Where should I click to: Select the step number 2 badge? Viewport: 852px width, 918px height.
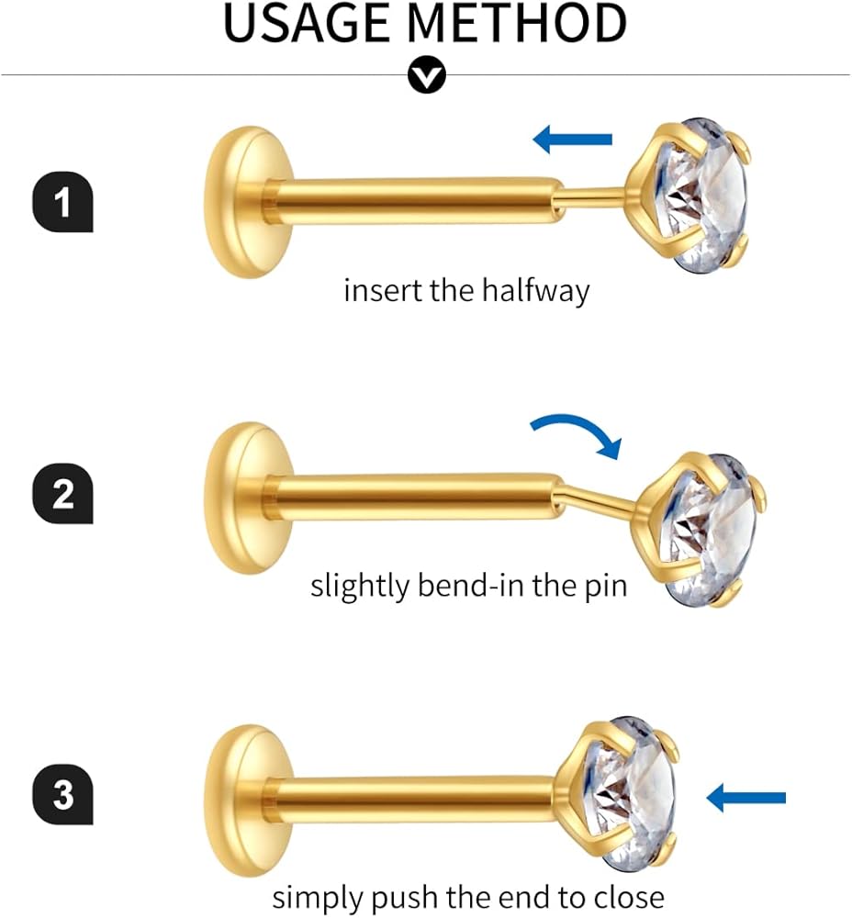[x=62, y=496]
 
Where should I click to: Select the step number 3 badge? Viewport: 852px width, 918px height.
[x=62, y=795]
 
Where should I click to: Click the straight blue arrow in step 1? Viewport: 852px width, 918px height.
[x=573, y=140]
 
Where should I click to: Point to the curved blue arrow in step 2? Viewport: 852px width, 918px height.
[x=577, y=432]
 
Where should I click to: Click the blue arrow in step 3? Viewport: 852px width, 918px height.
[x=746, y=798]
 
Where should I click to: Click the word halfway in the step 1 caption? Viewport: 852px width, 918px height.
[x=534, y=291]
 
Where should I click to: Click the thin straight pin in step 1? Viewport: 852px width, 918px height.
[x=593, y=194]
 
